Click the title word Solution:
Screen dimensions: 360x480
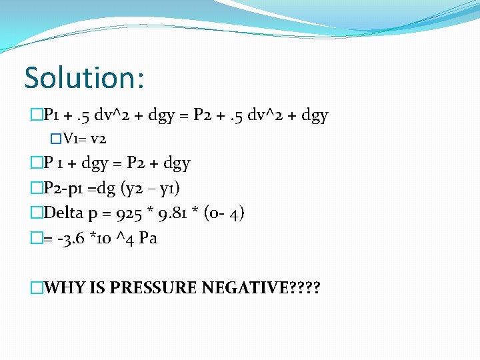[x=84, y=77]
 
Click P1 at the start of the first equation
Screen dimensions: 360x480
[x=51, y=116]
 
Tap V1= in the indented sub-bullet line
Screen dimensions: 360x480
[x=75, y=139]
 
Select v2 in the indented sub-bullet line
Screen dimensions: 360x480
[x=97, y=139]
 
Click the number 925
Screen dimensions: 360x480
[x=130, y=213]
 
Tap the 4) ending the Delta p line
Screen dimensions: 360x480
[x=237, y=213]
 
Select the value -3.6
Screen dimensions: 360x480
[x=69, y=238]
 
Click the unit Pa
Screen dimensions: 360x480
[x=147, y=238]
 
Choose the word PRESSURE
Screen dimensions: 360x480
[x=153, y=288]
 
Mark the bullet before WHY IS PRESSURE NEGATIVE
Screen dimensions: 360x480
[x=36, y=288]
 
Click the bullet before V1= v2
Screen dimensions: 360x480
[x=56, y=139]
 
